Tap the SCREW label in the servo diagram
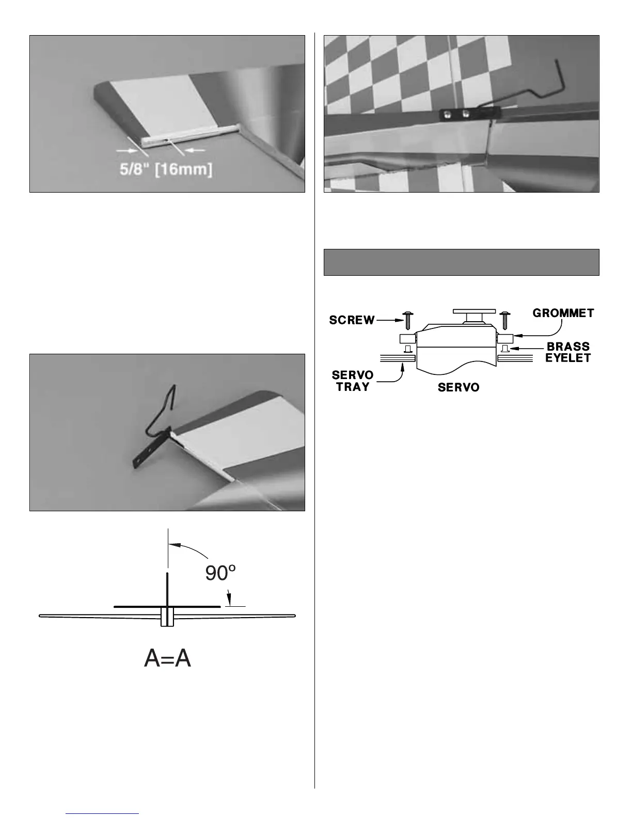[x=352, y=320]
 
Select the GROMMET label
[x=563, y=313]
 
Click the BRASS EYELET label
[x=567, y=352]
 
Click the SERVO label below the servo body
[x=459, y=387]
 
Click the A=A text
[x=168, y=658]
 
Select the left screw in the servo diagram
[x=407, y=320]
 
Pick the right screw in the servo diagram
[x=505, y=320]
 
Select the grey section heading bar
[x=461, y=262]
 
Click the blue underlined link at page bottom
[x=103, y=814]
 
